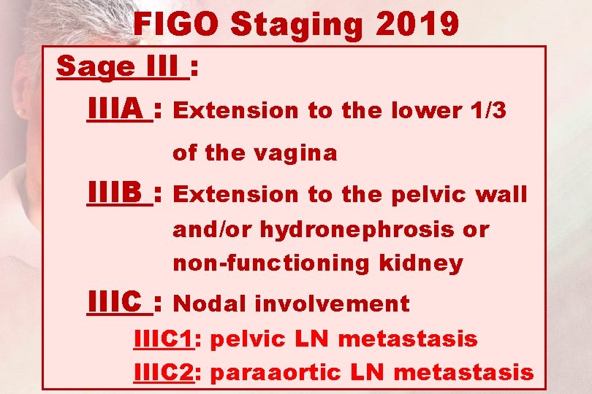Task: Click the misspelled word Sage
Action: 95,66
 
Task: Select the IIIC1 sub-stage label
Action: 162,339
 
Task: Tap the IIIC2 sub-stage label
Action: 162,373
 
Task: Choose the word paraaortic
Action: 278,374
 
